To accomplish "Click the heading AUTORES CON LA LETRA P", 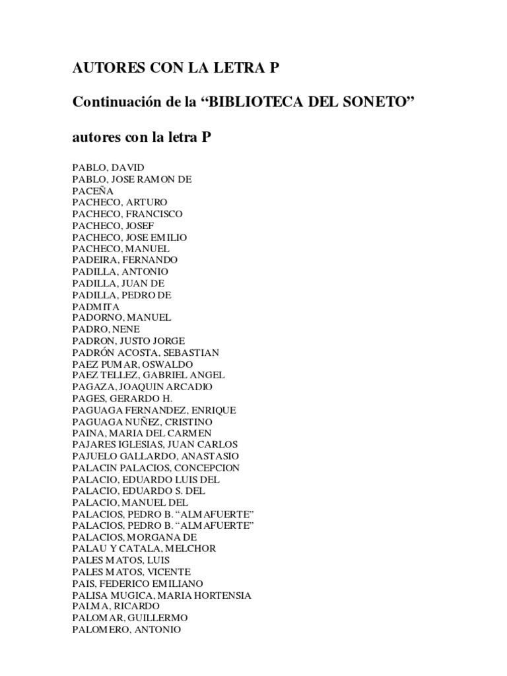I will tap(176, 69).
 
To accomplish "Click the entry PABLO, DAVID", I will tap(108, 167).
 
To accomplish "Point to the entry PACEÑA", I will tap(93, 190).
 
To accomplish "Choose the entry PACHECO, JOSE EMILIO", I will tap(129, 237).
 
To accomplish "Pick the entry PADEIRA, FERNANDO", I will tap(124, 260).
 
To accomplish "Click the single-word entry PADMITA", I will tap(96, 306).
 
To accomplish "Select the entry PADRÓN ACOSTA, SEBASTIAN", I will tap(145, 353).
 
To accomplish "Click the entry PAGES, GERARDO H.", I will tap(122, 399).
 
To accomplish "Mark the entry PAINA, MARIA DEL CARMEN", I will tap(141, 433).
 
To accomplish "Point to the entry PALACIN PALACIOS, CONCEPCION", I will tap(156, 468).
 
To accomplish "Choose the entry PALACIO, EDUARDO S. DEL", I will tap(139, 491).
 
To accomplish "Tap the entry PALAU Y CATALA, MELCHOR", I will tap(144, 549).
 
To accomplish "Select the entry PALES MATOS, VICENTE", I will tap(131, 572).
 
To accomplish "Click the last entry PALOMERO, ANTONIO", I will tap(126, 630).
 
